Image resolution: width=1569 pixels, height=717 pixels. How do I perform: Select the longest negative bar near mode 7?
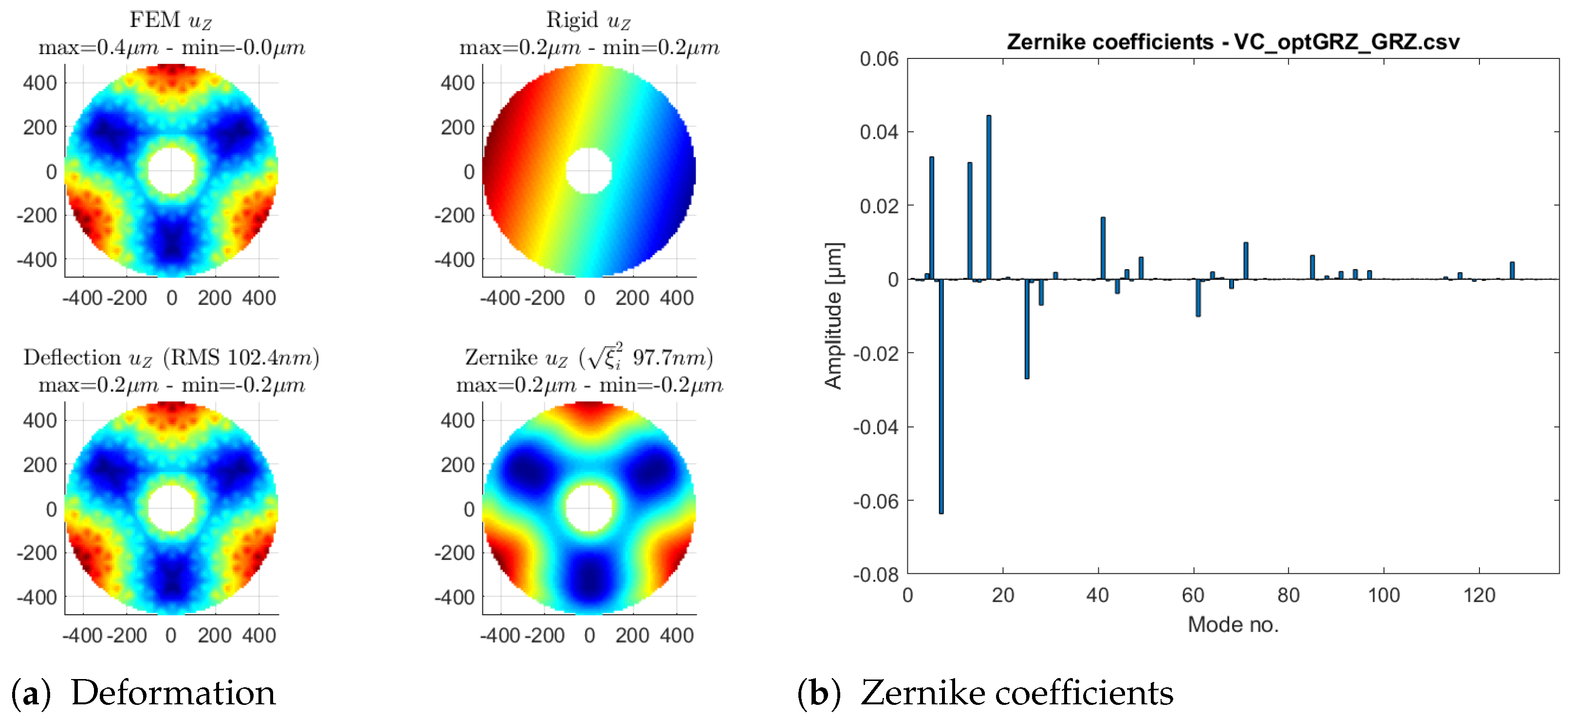coord(941,396)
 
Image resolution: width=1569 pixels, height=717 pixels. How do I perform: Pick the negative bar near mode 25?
coord(1027,329)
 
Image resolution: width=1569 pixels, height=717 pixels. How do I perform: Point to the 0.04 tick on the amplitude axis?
coord(878,132)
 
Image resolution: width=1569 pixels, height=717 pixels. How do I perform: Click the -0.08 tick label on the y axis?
coord(875,574)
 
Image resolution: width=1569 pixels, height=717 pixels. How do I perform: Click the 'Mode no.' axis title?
coord(1233,625)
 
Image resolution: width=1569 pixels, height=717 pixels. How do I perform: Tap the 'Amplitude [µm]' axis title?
coord(833,315)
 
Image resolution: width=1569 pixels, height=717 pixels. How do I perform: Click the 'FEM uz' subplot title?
coord(170,20)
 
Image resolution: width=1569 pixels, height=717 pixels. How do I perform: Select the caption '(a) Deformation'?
coord(144,693)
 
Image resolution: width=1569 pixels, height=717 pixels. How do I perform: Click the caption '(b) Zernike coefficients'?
coord(985,693)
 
